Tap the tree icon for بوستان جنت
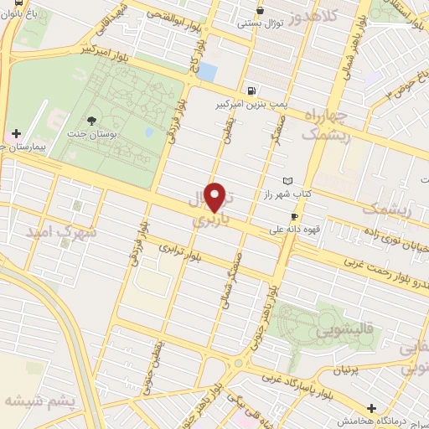90,120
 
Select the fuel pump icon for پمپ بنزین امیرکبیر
252,90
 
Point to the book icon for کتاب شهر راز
290,181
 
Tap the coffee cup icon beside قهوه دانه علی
293,216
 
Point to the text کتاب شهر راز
318,194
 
